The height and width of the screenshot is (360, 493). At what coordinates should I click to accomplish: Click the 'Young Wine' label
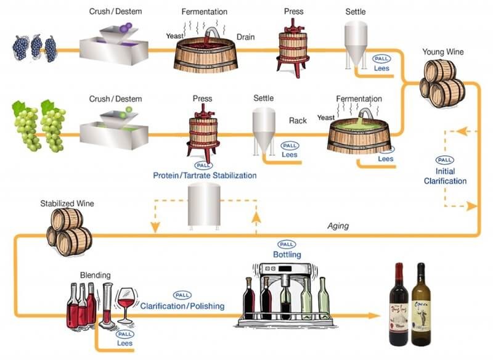(443, 52)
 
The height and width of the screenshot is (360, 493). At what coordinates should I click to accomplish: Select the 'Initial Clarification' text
(445, 176)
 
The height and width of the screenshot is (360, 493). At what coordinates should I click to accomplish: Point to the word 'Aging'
(338, 226)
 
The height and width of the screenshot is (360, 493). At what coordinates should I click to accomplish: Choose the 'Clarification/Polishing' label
(182, 306)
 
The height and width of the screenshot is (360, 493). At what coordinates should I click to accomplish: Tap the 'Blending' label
(96, 275)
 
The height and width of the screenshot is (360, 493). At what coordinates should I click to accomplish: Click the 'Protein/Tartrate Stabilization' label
(205, 176)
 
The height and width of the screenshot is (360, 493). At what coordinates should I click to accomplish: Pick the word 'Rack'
(298, 121)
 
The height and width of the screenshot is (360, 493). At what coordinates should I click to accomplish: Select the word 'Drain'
(245, 37)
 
